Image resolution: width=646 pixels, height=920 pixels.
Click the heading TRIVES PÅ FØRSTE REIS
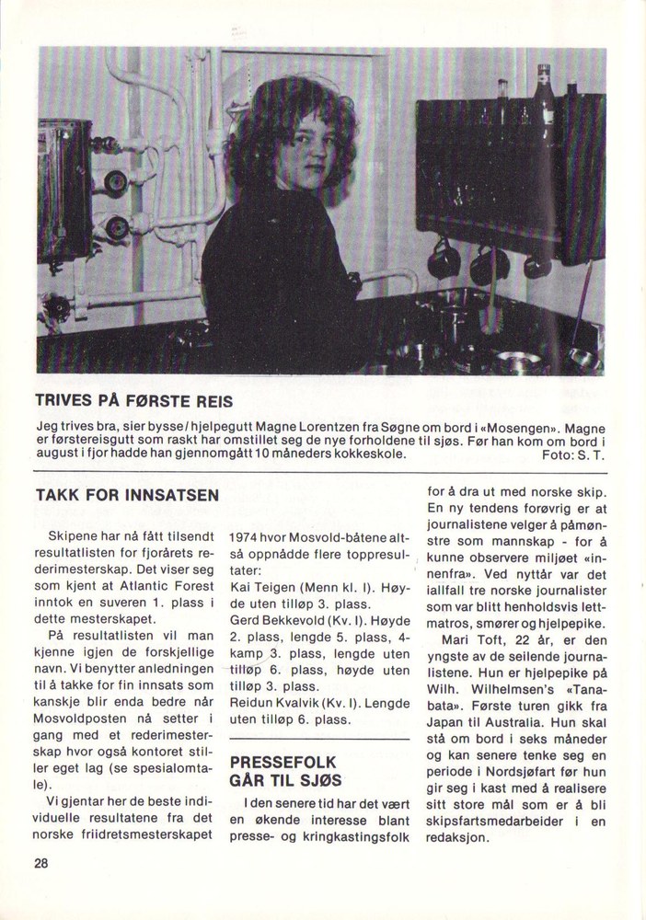tap(134, 401)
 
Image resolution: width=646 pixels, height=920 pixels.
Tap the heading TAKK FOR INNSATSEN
tap(127, 495)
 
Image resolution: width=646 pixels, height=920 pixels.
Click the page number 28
tap(42, 863)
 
